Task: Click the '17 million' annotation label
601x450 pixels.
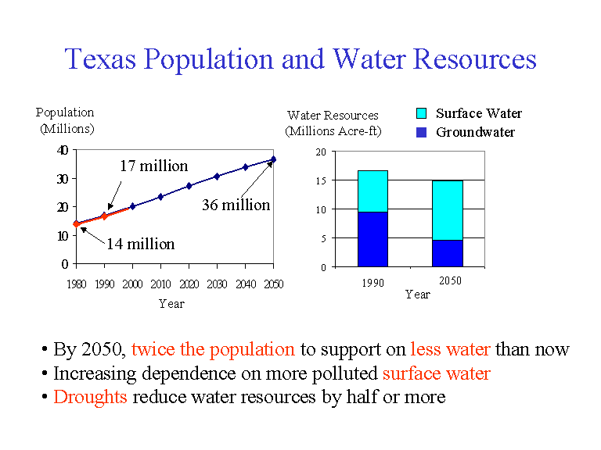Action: pyautogui.click(x=153, y=166)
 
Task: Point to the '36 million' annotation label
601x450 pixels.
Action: pyautogui.click(x=236, y=205)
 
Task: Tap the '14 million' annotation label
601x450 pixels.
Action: pyautogui.click(x=140, y=244)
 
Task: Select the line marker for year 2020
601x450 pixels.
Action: pyautogui.click(x=189, y=186)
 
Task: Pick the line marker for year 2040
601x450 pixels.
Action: pyautogui.click(x=245, y=167)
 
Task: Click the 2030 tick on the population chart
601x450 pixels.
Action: pyautogui.click(x=217, y=284)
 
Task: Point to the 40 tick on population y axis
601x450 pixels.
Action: pyautogui.click(x=63, y=149)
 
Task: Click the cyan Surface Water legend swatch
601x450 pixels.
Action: pyautogui.click(x=422, y=114)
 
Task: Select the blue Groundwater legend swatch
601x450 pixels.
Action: pyautogui.click(x=422, y=132)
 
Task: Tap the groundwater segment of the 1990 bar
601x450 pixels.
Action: pyautogui.click(x=372, y=239)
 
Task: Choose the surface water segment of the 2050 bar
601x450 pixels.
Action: pyautogui.click(x=448, y=210)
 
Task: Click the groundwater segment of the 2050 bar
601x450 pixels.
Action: pyautogui.click(x=448, y=253)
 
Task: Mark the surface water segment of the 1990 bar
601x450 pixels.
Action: pyautogui.click(x=372, y=191)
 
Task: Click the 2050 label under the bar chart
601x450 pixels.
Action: pyautogui.click(x=450, y=280)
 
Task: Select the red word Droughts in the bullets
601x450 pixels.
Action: pyautogui.click(x=90, y=397)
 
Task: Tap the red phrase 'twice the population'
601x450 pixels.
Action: pyautogui.click(x=213, y=349)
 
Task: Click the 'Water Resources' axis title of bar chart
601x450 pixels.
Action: pyautogui.click(x=333, y=116)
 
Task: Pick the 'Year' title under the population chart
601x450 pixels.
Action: pyautogui.click(x=171, y=303)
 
